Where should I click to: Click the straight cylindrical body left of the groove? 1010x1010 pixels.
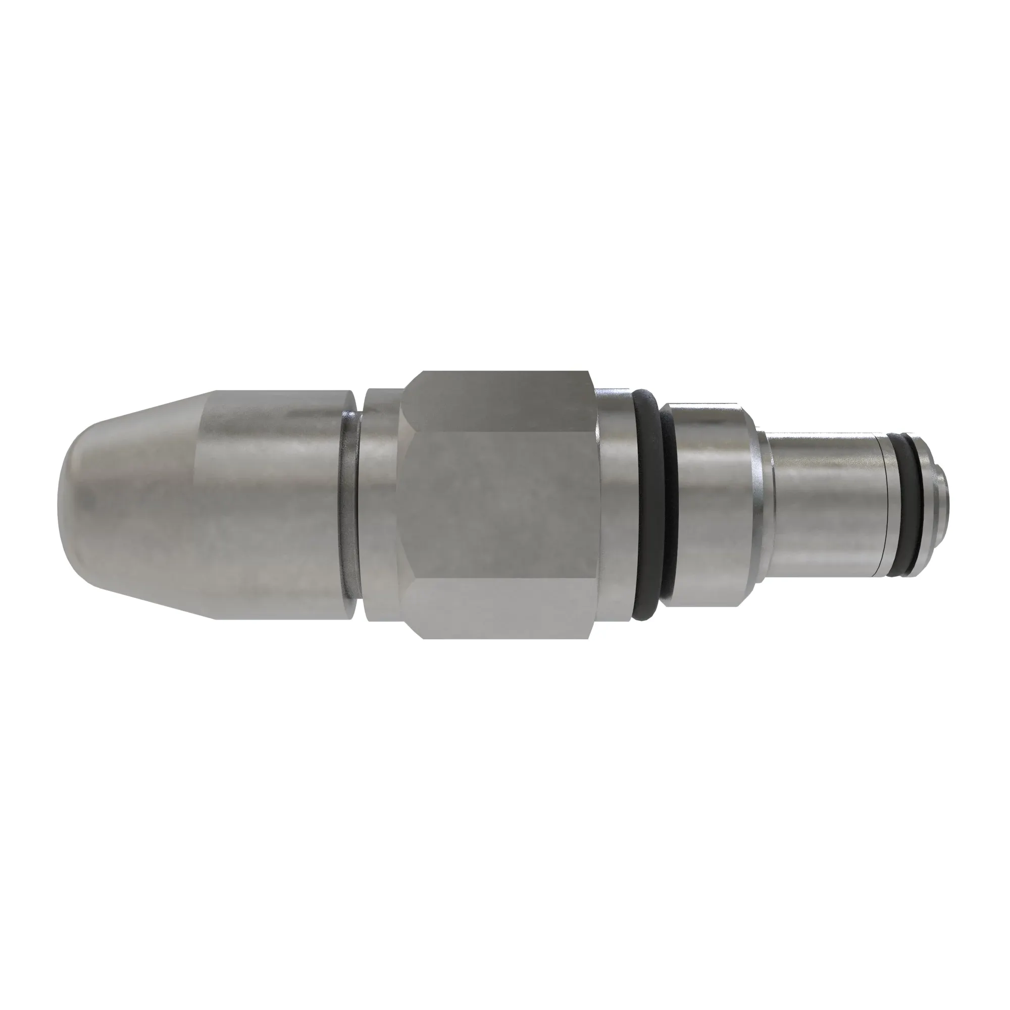tap(272, 502)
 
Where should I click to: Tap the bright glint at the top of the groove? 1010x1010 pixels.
tap(349, 416)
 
